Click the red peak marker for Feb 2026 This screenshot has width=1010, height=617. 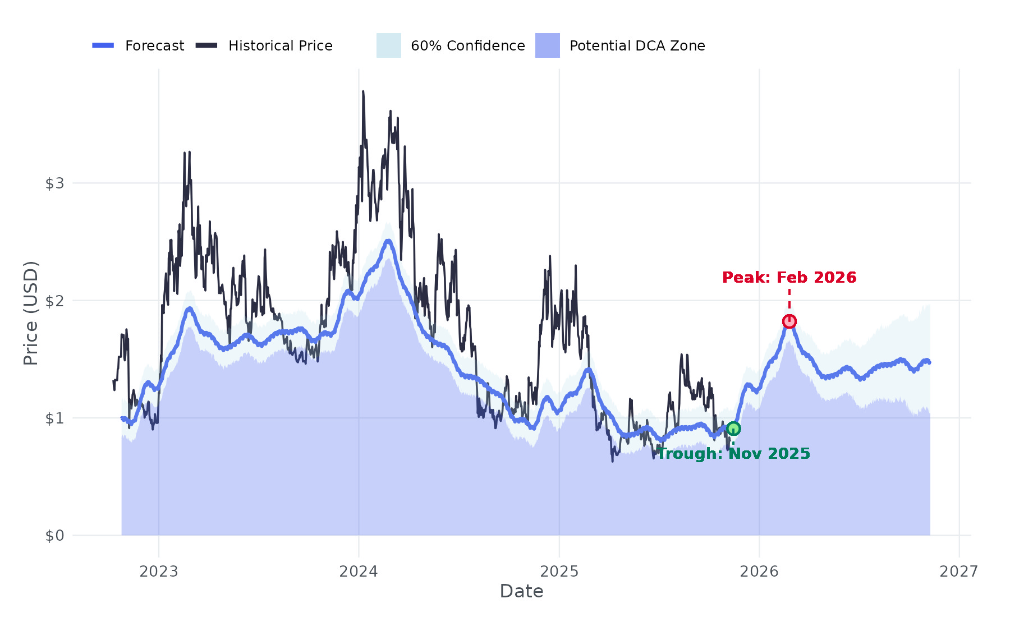point(789,321)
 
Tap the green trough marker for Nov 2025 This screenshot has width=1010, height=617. point(733,429)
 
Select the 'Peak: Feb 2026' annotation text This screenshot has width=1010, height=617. point(789,277)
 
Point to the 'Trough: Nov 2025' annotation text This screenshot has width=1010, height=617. point(733,453)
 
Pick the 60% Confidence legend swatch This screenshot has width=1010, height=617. point(389,45)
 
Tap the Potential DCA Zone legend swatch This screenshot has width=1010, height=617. point(548,45)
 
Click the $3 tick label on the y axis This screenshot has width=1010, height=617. point(54,183)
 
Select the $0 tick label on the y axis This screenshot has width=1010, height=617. point(54,536)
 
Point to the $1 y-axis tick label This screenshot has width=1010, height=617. point(54,418)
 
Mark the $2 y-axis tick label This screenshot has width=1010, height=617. point(54,301)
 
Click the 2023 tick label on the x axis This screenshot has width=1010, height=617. point(159,572)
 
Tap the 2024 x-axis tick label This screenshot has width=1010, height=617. point(359,572)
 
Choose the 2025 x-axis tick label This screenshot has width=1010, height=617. point(559,572)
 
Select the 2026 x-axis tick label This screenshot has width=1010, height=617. point(759,572)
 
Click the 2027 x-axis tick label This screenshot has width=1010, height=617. point(959,572)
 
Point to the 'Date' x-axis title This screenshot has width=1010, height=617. point(521,591)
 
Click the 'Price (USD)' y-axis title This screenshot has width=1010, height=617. point(31,313)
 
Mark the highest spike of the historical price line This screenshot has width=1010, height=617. point(363,91)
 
